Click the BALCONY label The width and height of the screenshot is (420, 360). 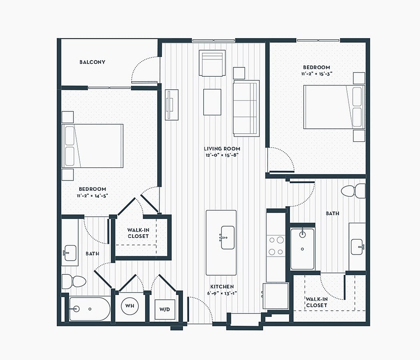point(92,62)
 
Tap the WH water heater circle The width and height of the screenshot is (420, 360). point(130,306)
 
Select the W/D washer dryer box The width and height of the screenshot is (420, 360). point(165,309)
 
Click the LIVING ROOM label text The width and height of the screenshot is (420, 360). point(222,149)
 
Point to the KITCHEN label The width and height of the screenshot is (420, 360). point(222,287)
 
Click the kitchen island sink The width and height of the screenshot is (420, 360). point(228,237)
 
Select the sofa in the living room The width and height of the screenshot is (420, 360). point(246,108)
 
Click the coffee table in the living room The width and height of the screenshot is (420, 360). point(212,102)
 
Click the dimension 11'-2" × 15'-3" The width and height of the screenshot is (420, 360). point(317,74)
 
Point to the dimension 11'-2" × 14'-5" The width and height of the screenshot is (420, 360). point(92,196)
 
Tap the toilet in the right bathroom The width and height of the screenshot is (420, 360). point(353,191)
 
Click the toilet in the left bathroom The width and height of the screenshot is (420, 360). point(74,282)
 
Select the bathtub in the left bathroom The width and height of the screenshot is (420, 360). point(90,309)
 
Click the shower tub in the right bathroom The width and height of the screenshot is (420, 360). point(302,249)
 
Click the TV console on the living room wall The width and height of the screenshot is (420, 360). point(172,105)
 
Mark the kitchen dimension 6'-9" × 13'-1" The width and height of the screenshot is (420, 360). point(222,293)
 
